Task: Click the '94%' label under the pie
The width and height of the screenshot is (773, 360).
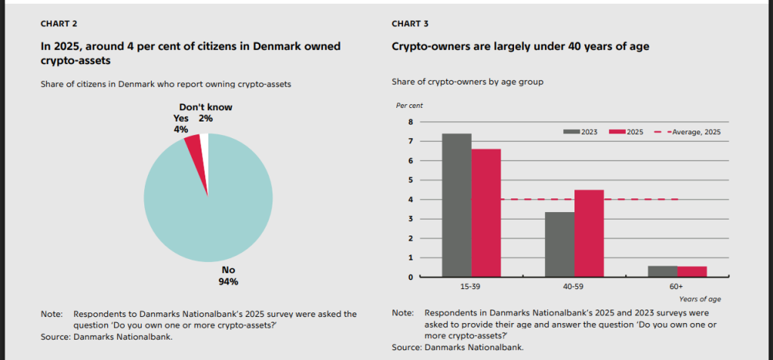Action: (228, 282)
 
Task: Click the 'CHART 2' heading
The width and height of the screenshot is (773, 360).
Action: (59, 23)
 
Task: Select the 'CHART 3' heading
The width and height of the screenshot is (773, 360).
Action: (410, 23)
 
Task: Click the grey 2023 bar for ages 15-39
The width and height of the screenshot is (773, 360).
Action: (457, 205)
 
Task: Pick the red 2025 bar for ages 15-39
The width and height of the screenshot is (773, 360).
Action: (486, 213)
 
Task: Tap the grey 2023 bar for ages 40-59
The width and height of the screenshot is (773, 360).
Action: (560, 244)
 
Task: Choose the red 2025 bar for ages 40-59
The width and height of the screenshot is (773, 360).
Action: (589, 233)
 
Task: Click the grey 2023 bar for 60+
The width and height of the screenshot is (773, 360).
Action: (662, 271)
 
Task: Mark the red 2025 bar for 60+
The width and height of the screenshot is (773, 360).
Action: (691, 271)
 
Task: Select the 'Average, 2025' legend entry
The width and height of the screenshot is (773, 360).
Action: (690, 131)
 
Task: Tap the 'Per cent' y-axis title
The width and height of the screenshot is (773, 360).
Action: (407, 106)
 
